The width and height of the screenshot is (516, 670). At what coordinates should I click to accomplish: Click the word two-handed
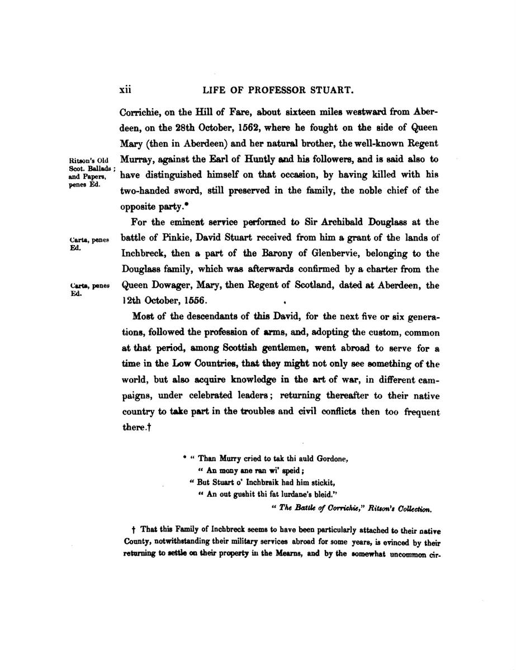144,190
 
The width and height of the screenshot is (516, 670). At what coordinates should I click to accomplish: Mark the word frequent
419,411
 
